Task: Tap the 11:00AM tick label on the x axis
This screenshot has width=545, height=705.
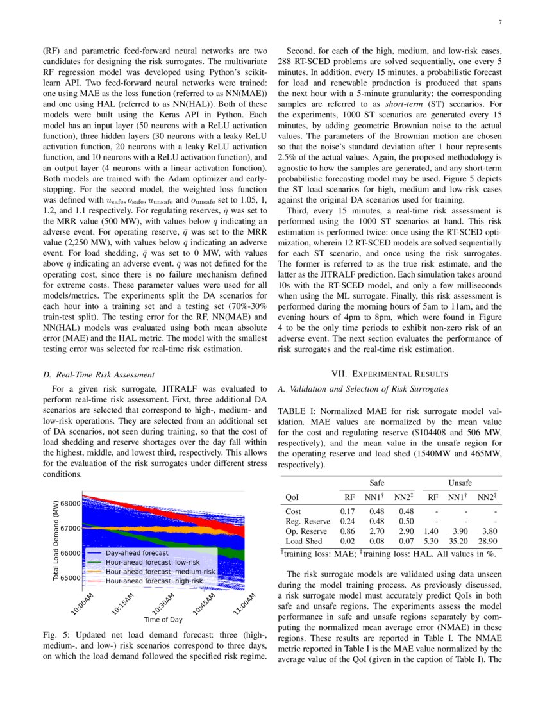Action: click(x=244, y=604)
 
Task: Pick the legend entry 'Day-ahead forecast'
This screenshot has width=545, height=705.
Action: click(x=137, y=552)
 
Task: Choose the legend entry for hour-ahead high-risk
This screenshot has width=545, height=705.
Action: click(x=154, y=581)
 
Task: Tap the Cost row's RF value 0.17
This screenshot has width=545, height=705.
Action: click(x=347, y=511)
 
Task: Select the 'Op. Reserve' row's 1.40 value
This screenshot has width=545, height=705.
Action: click(x=433, y=532)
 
